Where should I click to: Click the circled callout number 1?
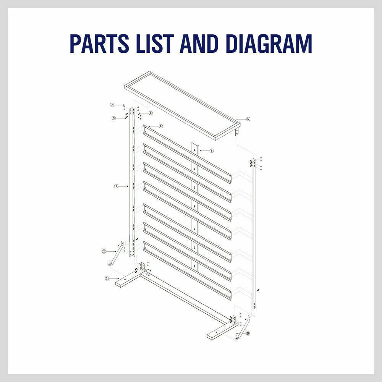coord(107,278)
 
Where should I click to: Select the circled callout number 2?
coord(104,251)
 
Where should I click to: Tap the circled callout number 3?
coord(116,186)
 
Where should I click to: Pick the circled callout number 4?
coord(161,126)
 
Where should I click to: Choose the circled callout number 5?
coord(212,151)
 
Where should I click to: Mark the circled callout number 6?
coord(248,119)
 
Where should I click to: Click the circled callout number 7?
coord(112,105)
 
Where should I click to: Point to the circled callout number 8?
coord(151,113)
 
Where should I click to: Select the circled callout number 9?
coord(113,118)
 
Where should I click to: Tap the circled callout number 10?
coord(248,333)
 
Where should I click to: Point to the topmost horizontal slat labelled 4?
coord(187,153)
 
